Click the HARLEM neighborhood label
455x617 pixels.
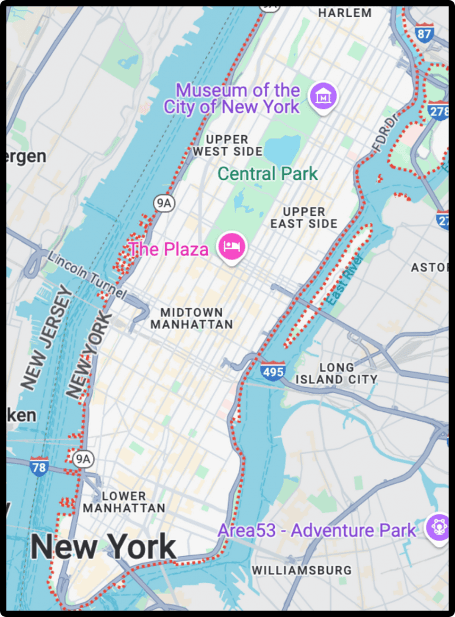point(345,12)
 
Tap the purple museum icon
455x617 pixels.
point(324,95)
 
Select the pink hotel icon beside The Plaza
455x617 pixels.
point(231,247)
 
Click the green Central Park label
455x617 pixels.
point(268,174)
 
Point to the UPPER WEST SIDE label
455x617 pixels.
point(227,145)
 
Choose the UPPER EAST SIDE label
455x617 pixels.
point(304,218)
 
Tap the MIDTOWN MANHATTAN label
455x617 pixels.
point(191,318)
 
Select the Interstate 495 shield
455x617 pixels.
point(272,370)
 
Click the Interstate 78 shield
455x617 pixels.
point(39,466)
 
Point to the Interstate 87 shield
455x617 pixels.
point(424,32)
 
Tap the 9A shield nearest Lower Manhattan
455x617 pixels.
point(85,458)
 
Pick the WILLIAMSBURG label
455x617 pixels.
point(302,570)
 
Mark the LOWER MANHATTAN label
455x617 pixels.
point(124,502)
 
